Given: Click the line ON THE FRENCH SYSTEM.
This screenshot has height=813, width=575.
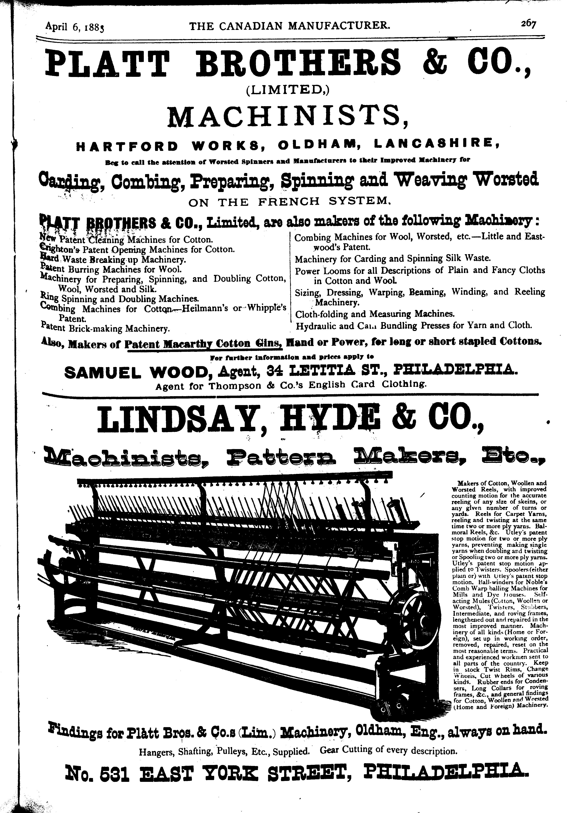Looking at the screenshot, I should [x=290, y=202].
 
